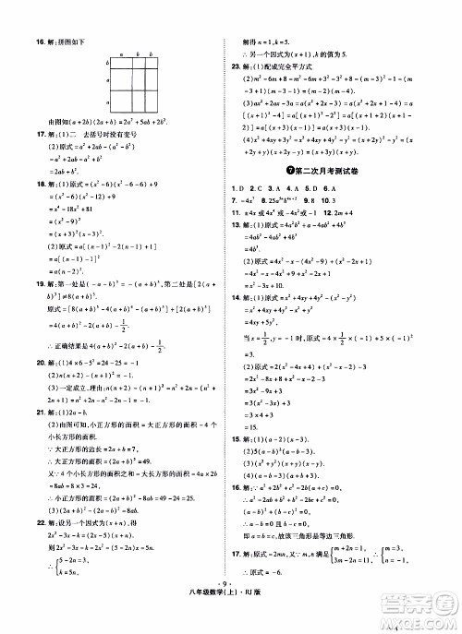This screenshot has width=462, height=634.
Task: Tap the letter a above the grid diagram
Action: (x=121, y=56)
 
